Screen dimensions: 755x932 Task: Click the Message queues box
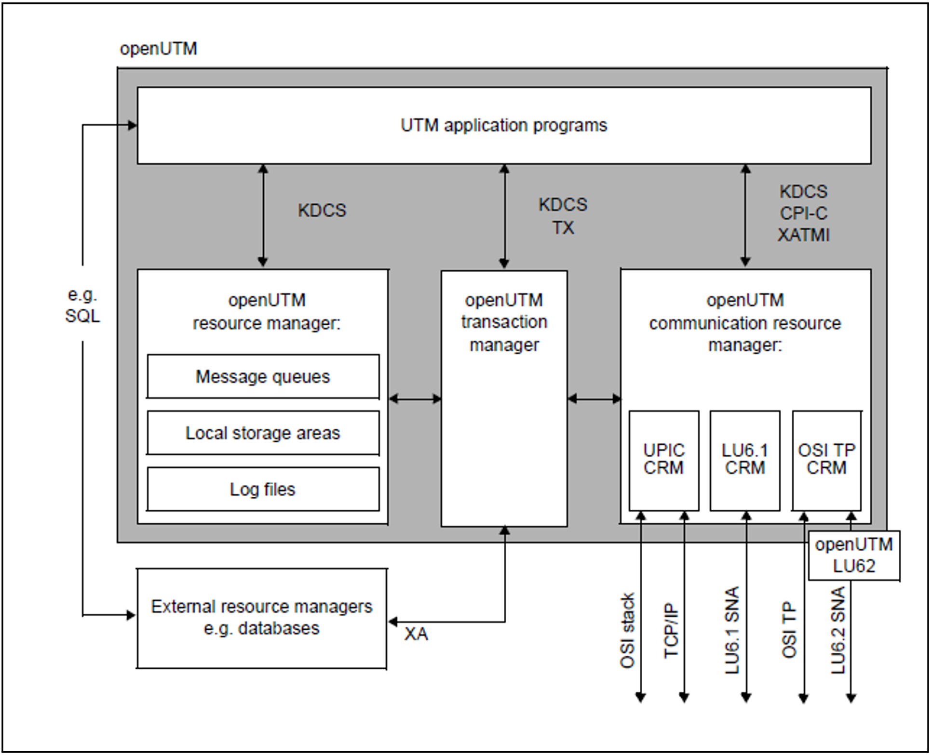point(263,376)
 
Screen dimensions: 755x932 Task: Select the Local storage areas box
point(263,433)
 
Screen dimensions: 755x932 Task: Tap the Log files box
point(263,489)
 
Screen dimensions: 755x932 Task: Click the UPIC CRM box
point(663,460)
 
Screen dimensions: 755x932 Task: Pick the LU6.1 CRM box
point(744,460)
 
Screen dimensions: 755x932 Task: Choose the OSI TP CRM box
point(826,460)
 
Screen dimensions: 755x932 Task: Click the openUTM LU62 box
point(853,556)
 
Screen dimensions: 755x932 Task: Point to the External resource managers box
point(261,618)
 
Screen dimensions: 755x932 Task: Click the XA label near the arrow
point(416,634)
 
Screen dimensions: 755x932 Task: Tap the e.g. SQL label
point(82,305)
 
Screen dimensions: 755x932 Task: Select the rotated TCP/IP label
point(671,630)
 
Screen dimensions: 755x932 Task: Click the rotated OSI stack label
point(627,630)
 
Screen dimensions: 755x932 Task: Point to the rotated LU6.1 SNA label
point(732,630)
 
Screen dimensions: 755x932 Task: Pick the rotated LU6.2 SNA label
point(838,630)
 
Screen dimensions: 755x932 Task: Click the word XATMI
point(803,235)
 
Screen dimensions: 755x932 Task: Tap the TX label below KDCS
point(563,227)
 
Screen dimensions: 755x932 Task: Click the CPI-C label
point(803,213)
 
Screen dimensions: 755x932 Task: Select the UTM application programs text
point(504,125)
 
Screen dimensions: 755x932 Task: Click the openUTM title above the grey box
point(158,49)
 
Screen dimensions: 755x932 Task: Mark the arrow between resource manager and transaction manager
point(415,398)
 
